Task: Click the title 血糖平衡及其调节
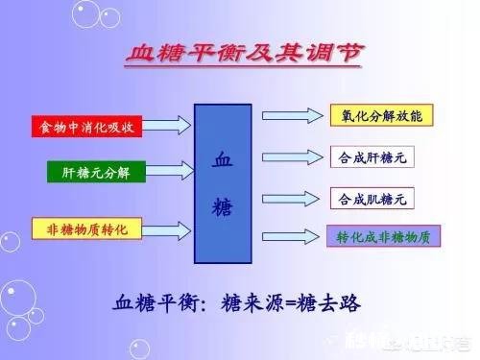pyautogui.click(x=244, y=54)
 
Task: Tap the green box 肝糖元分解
pyautogui.click(x=95, y=173)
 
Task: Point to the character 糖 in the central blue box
pyautogui.click(x=223, y=206)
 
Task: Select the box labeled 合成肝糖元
pyautogui.click(x=372, y=156)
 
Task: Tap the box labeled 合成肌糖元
pyautogui.click(x=372, y=200)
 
